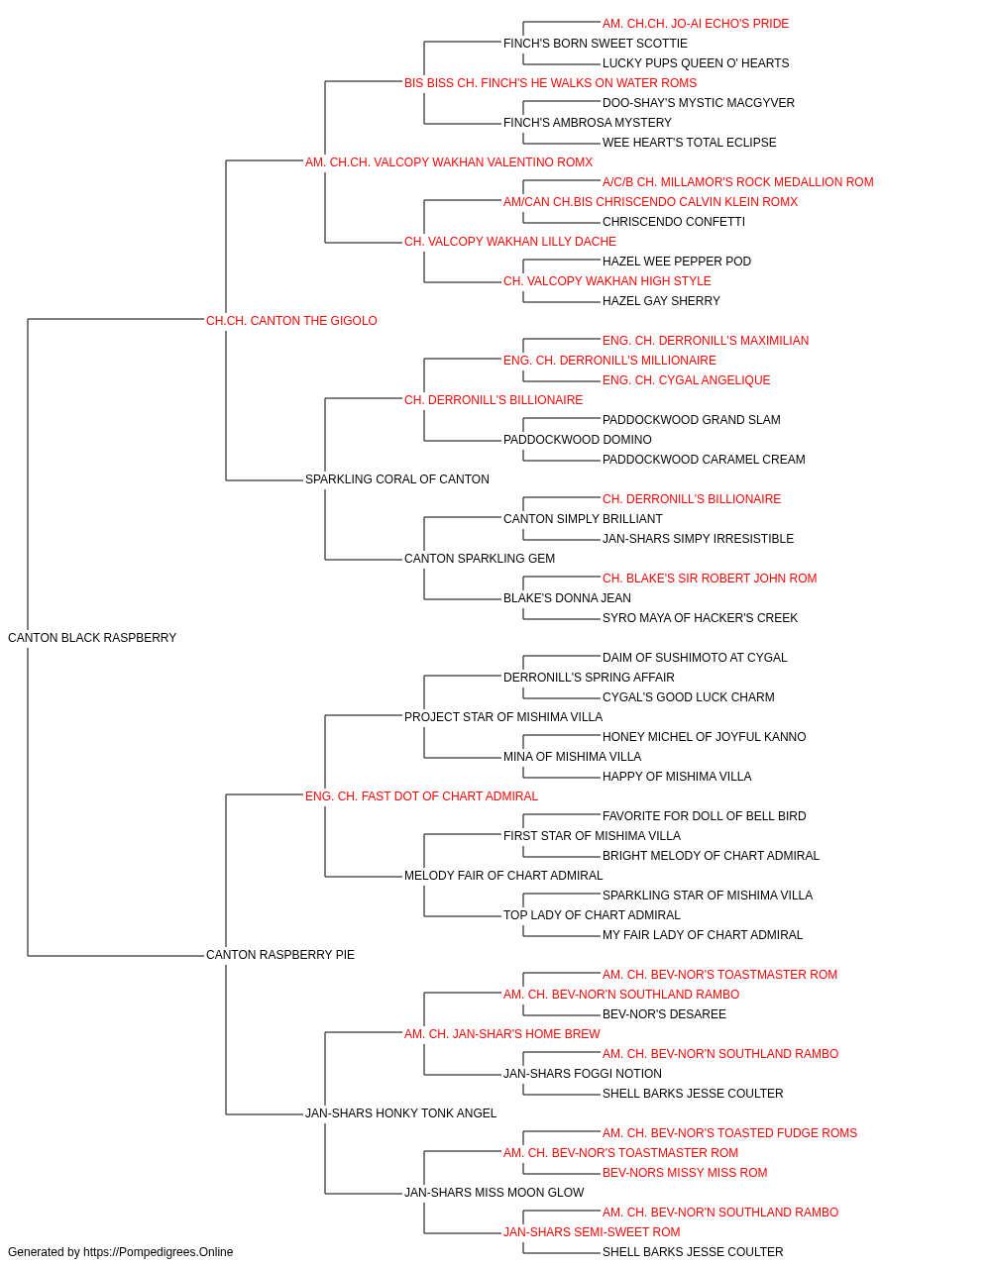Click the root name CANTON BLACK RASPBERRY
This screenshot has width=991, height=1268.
92,637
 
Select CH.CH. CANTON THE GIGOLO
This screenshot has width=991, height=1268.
291,320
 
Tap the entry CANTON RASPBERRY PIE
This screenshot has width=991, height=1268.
280,955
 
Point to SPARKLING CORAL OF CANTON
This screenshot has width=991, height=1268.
396,479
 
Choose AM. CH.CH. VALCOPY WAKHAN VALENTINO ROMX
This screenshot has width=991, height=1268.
449,162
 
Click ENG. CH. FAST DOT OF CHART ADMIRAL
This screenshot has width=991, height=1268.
421,795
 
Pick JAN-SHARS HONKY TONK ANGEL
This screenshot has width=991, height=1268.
401,1112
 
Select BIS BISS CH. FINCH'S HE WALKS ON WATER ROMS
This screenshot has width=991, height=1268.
550,83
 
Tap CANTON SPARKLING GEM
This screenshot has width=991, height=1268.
480,559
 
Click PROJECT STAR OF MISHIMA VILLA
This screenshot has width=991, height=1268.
503,716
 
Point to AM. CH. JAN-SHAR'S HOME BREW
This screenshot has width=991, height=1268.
501,1033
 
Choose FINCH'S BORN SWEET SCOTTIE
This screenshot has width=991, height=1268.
596,44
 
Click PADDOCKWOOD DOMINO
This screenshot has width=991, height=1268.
577,440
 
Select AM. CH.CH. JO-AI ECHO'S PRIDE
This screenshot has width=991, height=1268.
695,24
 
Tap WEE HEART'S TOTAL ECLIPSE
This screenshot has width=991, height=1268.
690,143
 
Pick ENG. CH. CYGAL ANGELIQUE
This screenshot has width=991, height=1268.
687,379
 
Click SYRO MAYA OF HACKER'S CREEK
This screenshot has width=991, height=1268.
700,617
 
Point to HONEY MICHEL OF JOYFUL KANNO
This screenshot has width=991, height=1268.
704,736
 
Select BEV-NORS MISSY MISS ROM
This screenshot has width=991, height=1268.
685,1172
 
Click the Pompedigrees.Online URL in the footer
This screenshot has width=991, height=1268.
158,1252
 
